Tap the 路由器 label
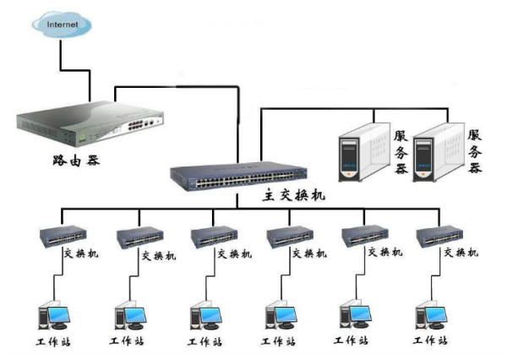[75, 159]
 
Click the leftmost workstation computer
[53, 317]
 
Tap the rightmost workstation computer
[431, 317]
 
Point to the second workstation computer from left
[129, 317]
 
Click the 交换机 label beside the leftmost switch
[83, 253]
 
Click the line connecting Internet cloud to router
[61, 56]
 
